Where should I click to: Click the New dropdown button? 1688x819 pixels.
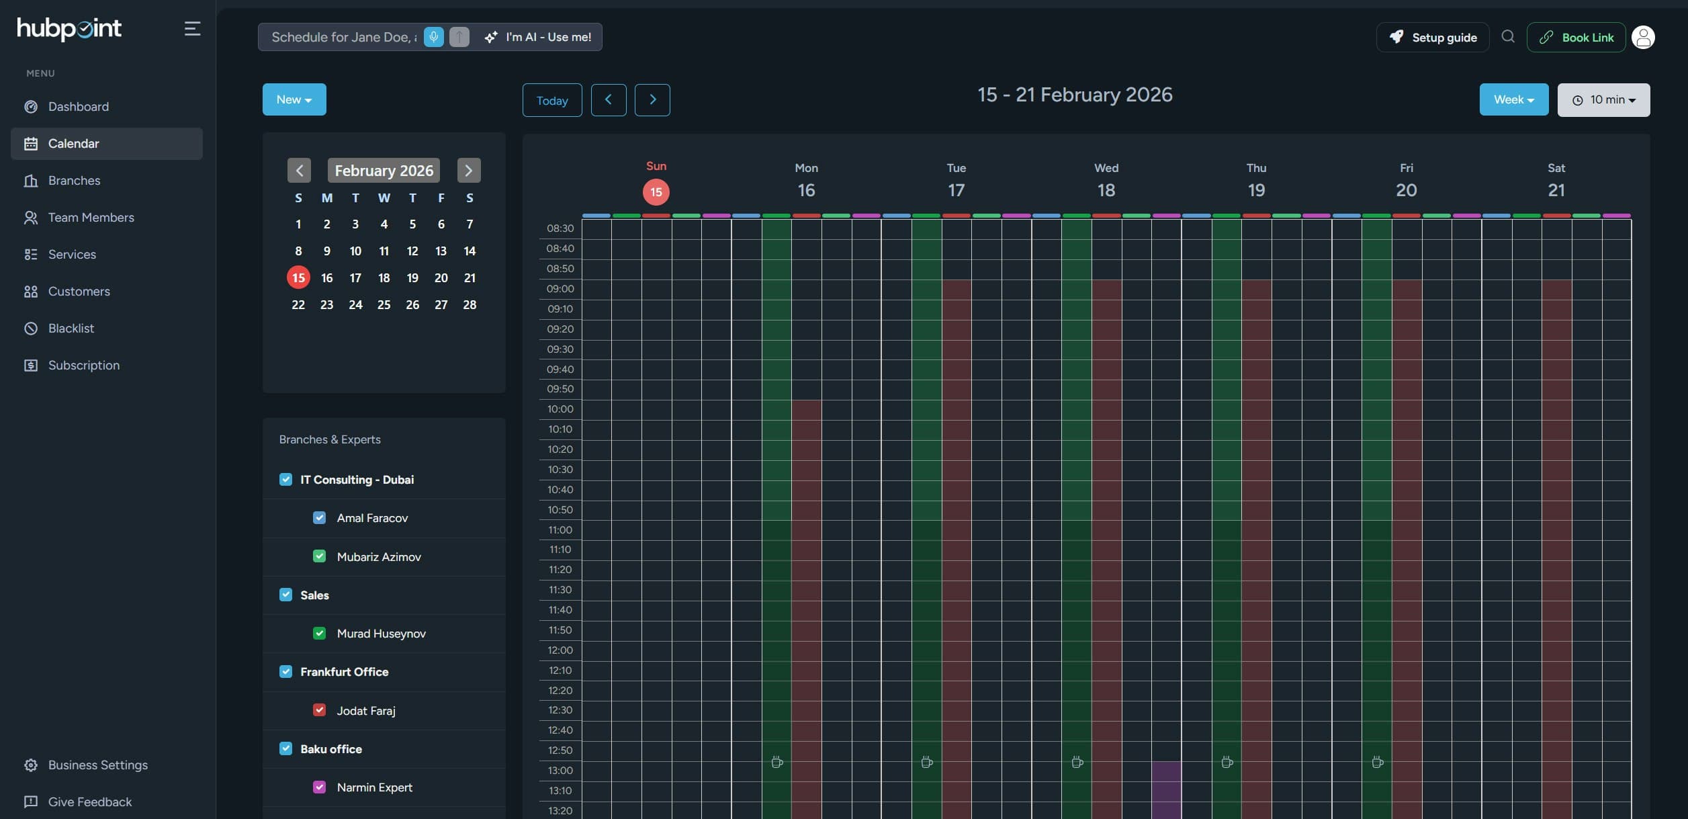[294, 99]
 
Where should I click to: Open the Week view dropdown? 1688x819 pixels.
[1513, 99]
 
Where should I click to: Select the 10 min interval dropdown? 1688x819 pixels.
[1603, 100]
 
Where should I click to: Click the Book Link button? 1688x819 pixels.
[1576, 38]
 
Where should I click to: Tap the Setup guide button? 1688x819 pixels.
[1432, 38]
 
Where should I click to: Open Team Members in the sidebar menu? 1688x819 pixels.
[91, 218]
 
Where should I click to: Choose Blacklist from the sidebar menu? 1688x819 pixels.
[71, 329]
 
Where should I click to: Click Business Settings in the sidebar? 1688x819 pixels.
[97, 765]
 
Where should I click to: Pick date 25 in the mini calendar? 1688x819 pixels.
[384, 305]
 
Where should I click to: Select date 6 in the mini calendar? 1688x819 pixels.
[441, 224]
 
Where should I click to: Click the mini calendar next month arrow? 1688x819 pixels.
[469, 171]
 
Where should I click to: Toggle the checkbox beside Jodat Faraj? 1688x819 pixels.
[320, 710]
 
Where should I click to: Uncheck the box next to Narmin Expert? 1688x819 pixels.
[320, 787]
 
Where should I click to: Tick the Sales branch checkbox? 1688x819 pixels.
[286, 595]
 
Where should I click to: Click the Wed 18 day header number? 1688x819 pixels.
[1106, 191]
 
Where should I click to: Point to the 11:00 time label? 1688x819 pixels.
[560, 530]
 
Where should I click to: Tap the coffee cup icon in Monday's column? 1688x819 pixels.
[777, 763]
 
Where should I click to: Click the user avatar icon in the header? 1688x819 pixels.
[1643, 38]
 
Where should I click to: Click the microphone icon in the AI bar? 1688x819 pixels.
[434, 37]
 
